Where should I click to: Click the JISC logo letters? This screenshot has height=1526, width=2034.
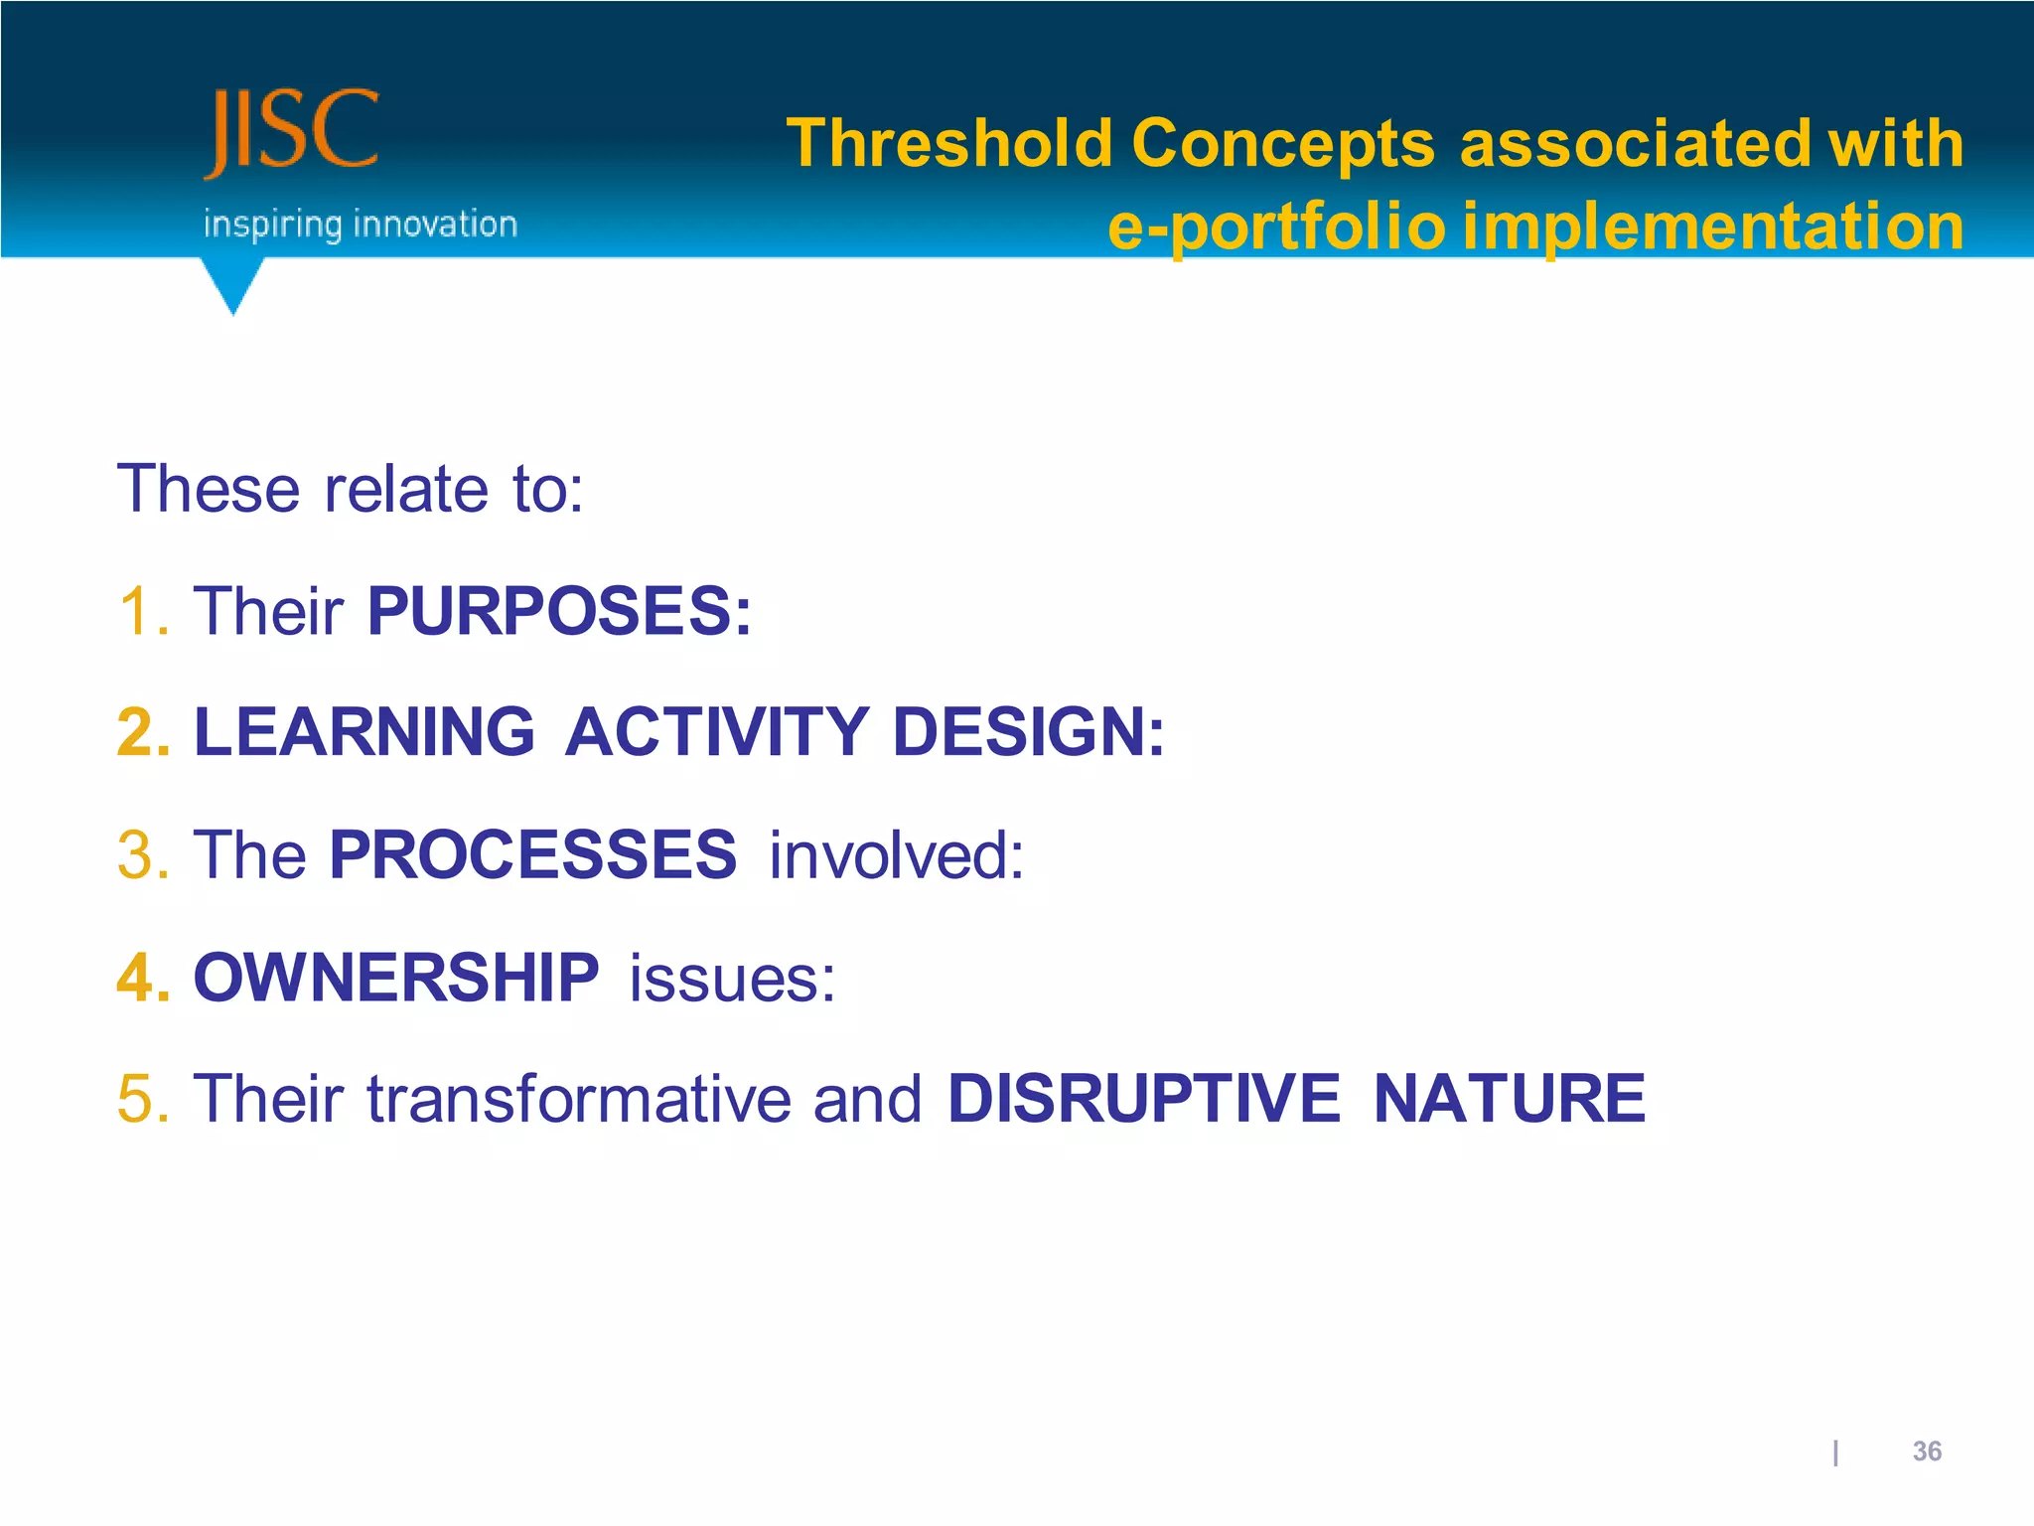point(292,131)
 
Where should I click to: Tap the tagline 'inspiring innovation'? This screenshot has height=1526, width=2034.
point(360,225)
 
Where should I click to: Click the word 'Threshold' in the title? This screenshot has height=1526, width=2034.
point(948,143)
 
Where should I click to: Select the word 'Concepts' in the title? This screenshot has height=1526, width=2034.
point(1282,143)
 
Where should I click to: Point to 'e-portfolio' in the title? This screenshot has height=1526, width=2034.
point(1275,227)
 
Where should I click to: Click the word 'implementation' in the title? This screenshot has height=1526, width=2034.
point(1713,227)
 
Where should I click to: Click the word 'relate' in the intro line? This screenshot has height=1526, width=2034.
point(406,489)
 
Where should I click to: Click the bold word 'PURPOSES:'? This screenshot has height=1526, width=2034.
point(559,611)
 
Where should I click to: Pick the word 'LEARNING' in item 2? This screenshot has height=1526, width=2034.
point(364,732)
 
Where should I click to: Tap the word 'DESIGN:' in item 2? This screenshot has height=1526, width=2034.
point(1028,732)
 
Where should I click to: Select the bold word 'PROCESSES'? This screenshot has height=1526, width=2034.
point(532,855)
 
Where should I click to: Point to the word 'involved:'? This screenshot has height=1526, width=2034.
point(896,855)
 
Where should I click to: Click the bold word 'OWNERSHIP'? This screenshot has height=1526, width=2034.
point(395,978)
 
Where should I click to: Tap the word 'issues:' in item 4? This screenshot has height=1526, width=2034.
point(732,978)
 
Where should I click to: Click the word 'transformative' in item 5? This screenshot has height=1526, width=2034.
point(578,1100)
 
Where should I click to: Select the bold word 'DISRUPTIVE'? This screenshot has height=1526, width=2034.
point(1143,1100)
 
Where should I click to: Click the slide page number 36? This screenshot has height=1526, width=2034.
point(1926,1451)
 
